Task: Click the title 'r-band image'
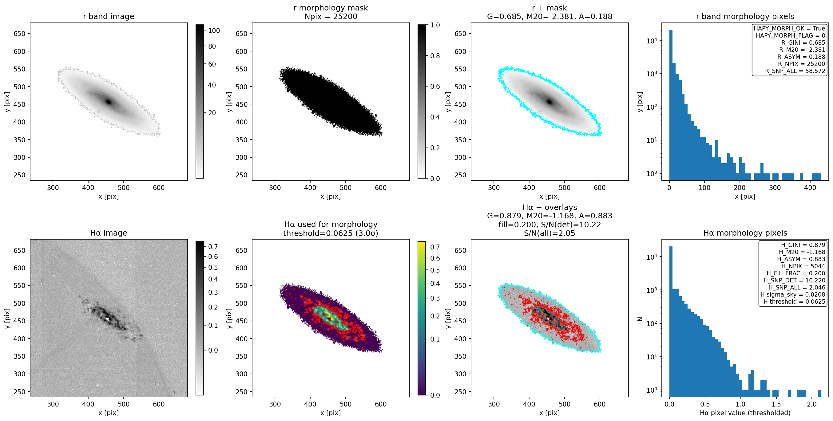[x=108, y=16]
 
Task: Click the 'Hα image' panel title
[x=108, y=233]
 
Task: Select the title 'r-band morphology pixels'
[x=745, y=16]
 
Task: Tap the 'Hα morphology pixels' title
[x=745, y=233]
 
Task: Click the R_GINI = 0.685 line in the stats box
[x=803, y=43]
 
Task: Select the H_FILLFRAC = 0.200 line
[x=796, y=273]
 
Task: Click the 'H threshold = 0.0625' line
[x=794, y=302]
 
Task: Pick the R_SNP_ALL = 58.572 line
[x=795, y=71]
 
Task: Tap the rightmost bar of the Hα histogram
[x=819, y=393]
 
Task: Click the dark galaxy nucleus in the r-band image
[x=109, y=102]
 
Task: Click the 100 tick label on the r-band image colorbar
[x=214, y=30]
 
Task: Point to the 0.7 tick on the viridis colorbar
[x=435, y=247]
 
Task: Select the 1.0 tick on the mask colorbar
[x=435, y=25]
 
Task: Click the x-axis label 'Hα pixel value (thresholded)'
[x=745, y=413]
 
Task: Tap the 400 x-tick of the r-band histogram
[x=810, y=187]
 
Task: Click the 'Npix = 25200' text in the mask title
[x=331, y=16]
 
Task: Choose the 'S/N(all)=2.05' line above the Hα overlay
[x=549, y=233]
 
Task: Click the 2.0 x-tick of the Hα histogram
[x=811, y=404]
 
